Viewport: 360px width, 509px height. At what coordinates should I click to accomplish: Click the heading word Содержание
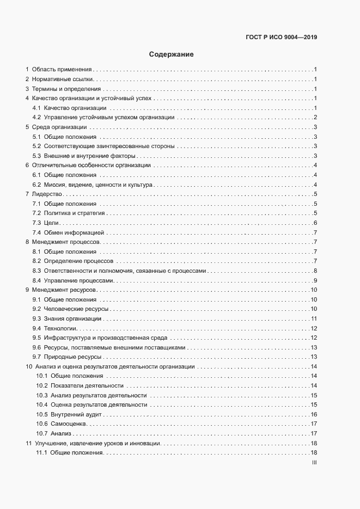point(172,54)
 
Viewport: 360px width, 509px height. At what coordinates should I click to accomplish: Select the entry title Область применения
point(62,70)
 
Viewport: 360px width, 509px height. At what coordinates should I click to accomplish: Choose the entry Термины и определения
point(66,89)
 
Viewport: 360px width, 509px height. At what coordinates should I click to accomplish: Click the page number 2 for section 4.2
point(315,118)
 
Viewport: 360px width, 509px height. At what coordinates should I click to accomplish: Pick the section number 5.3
point(36,156)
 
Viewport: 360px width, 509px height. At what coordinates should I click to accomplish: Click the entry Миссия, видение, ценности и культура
point(97,185)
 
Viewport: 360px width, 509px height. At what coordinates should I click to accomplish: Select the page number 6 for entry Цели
point(315,223)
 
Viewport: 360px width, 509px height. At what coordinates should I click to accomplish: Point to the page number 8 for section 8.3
point(315,271)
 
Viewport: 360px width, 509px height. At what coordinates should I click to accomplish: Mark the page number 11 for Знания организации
point(314,318)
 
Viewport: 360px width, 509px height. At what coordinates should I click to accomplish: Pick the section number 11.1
point(41,453)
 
